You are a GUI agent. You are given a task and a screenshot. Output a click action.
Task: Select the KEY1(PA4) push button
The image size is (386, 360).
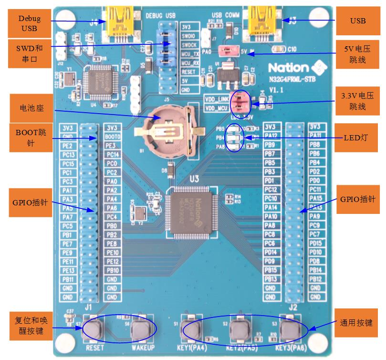tap(191, 328)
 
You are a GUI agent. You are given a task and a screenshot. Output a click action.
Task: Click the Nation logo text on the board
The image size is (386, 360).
tap(288, 67)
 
